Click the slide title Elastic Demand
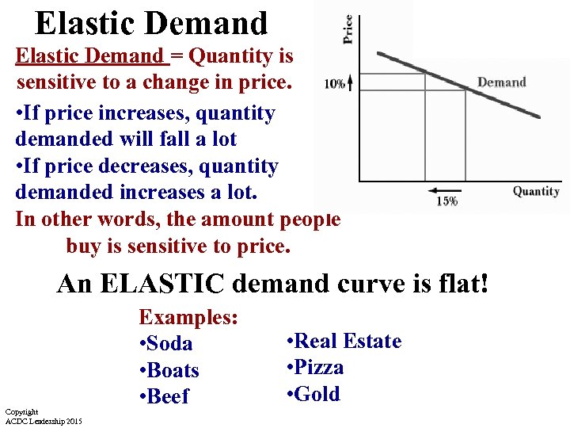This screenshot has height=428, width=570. pyautogui.click(x=151, y=23)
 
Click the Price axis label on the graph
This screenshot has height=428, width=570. pyautogui.click(x=348, y=29)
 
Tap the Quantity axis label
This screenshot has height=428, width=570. pyautogui.click(x=535, y=191)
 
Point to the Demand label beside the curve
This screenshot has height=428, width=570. pyautogui.click(x=501, y=82)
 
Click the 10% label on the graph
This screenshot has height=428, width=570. pyautogui.click(x=334, y=84)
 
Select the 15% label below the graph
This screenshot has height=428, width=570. pyautogui.click(x=446, y=201)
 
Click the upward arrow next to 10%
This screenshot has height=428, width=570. pyautogui.click(x=350, y=82)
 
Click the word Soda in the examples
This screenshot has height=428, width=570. pyautogui.click(x=169, y=344)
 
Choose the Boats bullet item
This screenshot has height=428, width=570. pyautogui.click(x=173, y=371)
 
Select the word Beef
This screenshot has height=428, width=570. pyautogui.click(x=169, y=397)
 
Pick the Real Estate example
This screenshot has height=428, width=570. pyautogui.click(x=348, y=342)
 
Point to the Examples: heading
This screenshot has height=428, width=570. pyautogui.click(x=189, y=317)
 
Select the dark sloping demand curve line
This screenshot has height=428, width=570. pyautogui.click(x=475, y=89)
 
